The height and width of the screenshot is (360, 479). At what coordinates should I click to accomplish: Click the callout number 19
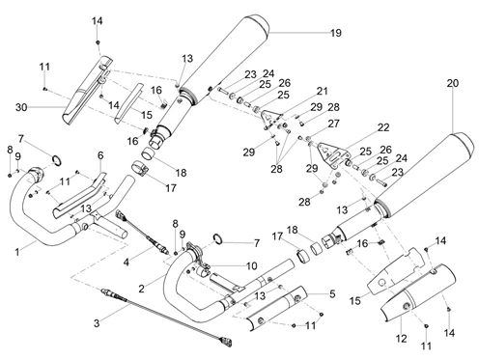(336, 33)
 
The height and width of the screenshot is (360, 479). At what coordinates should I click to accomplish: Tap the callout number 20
(452, 83)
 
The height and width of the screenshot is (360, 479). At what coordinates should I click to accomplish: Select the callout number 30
(21, 107)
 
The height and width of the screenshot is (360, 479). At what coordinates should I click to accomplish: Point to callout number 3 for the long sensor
(97, 323)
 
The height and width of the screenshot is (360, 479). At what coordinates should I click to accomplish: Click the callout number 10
(251, 265)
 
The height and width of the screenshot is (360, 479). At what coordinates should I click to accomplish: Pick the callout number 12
(402, 338)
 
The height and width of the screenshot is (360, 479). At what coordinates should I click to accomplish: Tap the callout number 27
(333, 124)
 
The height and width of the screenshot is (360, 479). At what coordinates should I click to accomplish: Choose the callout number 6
(100, 155)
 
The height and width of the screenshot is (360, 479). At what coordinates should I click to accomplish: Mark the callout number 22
(383, 127)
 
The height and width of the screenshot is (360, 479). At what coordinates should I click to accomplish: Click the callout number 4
(127, 263)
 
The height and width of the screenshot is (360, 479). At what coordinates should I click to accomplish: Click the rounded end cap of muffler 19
(258, 23)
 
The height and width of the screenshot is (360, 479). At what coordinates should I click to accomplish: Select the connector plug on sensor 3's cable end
(226, 342)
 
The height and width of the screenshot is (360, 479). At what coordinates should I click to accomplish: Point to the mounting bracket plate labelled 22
(332, 154)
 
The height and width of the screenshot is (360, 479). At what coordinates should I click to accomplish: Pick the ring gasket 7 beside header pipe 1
(57, 160)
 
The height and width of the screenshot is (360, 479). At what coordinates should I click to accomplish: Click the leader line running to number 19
(300, 33)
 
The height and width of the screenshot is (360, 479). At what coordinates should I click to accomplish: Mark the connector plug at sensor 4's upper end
(121, 215)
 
